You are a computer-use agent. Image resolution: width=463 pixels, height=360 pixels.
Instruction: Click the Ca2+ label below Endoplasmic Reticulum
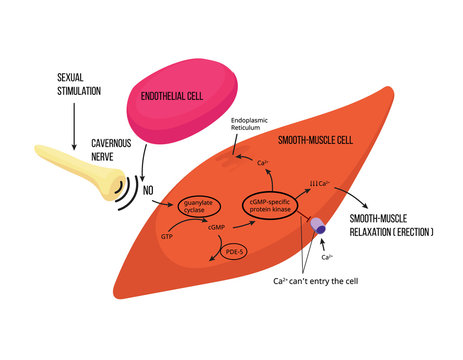pyautogui.click(x=264, y=162)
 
